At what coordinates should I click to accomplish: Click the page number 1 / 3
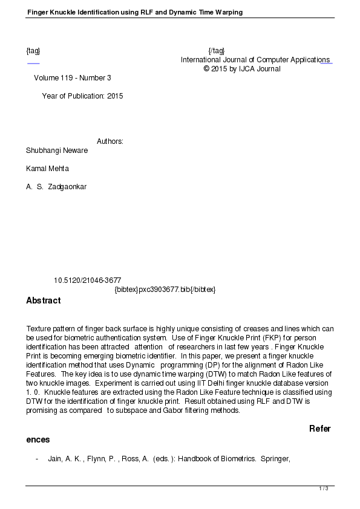(324, 488)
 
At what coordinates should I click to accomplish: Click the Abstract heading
(43, 300)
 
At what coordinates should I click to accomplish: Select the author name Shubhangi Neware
(57, 151)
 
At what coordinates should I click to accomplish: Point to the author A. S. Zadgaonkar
(56, 187)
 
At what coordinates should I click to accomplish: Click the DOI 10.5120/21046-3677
(88, 280)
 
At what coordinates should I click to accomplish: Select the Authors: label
(110, 141)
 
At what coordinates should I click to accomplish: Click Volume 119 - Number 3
(73, 78)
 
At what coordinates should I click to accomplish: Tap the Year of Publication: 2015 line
(82, 96)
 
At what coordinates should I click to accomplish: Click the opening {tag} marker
(33, 51)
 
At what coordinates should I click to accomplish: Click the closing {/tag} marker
(216, 51)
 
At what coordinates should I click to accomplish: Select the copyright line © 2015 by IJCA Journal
(242, 69)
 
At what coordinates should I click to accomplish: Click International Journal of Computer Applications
(255, 60)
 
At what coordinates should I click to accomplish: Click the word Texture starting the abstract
(39, 329)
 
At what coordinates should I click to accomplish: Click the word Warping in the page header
(227, 12)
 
